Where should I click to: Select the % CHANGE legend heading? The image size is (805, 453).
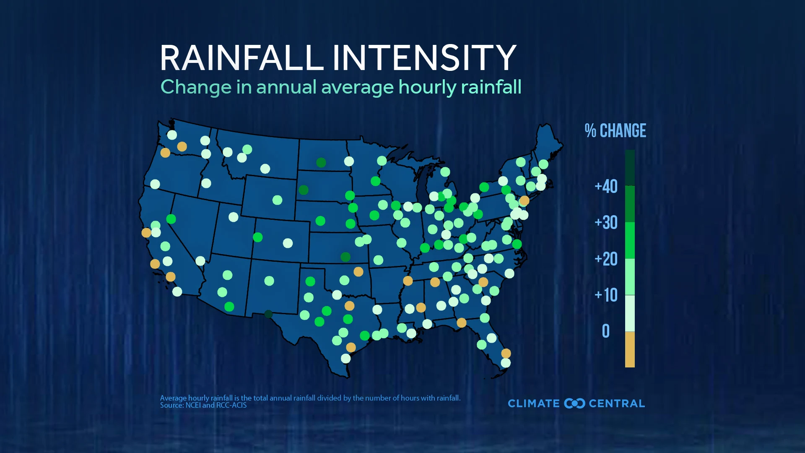pyautogui.click(x=615, y=131)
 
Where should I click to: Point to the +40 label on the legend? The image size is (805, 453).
pyautogui.click(x=606, y=186)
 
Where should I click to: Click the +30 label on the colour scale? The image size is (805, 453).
pyautogui.click(x=606, y=222)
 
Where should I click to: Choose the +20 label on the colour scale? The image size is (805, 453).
pyautogui.click(x=606, y=259)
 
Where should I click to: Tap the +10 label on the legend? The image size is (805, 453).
pyautogui.click(x=606, y=295)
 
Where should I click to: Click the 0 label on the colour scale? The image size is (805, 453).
pyautogui.click(x=606, y=331)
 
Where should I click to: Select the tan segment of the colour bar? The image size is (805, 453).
pyautogui.click(x=630, y=349)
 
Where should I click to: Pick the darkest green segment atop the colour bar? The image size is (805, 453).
pyautogui.click(x=630, y=167)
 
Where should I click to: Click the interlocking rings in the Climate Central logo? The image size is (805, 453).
pyautogui.click(x=574, y=404)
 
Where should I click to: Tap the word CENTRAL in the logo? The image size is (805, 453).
pyautogui.click(x=617, y=404)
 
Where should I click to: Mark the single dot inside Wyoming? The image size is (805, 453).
pyautogui.click(x=277, y=200)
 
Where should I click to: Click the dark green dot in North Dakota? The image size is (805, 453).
pyautogui.click(x=321, y=162)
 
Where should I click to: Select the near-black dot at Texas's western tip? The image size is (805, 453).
pyautogui.click(x=268, y=314)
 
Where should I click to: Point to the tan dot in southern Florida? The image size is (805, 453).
pyautogui.click(x=506, y=353)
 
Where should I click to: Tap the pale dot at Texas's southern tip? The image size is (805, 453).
pyautogui.click(x=345, y=358)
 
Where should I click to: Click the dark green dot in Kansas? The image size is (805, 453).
pyautogui.click(x=345, y=257)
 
